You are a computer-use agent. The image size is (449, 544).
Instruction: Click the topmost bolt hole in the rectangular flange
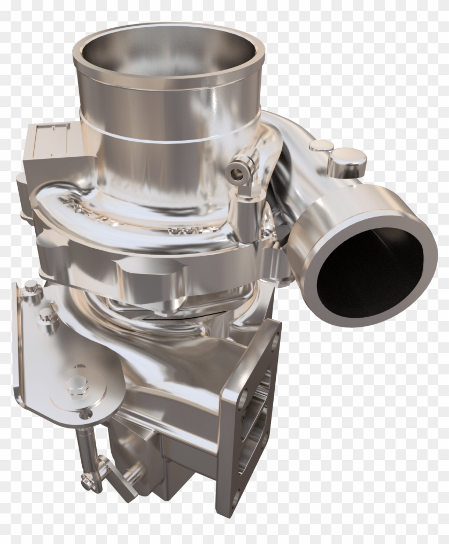273,332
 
